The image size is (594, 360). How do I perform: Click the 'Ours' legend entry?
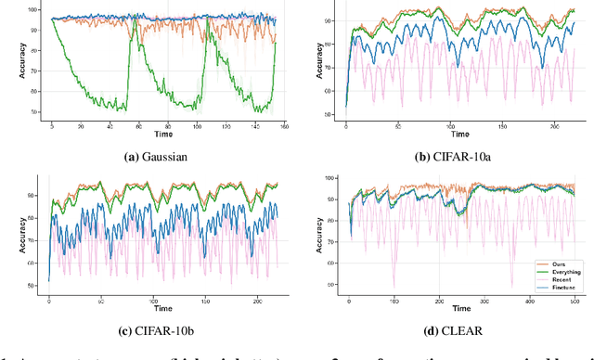click(x=550, y=264)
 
